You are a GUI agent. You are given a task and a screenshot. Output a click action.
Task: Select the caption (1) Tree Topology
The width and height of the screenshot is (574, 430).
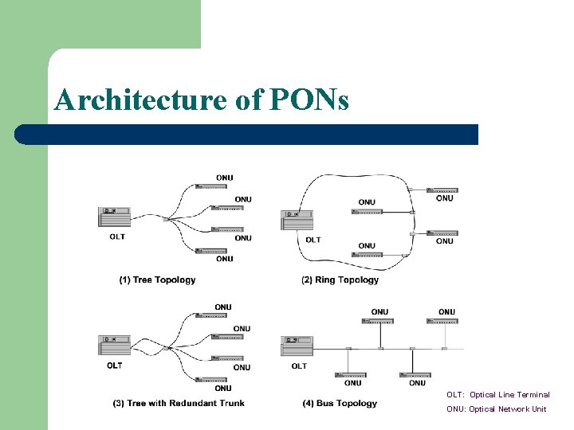point(157,280)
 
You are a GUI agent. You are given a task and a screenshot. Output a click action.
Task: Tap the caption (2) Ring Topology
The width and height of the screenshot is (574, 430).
point(340,280)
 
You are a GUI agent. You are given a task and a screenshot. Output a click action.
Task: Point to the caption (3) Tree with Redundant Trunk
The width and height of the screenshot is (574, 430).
point(179,404)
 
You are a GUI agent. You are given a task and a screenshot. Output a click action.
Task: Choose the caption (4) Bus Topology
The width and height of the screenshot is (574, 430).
point(340,404)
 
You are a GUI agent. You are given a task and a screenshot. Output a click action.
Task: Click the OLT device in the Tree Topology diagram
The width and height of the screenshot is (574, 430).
point(114,217)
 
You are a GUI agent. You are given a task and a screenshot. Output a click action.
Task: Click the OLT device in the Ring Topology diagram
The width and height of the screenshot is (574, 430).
point(297,219)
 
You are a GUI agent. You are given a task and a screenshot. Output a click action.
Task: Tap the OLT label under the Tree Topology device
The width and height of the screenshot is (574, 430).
point(116,236)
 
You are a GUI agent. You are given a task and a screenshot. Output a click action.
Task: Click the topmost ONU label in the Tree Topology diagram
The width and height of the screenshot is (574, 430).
point(225,178)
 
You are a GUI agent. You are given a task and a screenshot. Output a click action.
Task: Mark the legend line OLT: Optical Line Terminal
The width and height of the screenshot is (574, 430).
point(498,395)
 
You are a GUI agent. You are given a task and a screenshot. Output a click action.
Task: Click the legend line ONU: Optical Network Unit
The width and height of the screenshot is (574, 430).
point(497,409)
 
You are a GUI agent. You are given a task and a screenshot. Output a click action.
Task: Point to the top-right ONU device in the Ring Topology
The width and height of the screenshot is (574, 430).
point(442,190)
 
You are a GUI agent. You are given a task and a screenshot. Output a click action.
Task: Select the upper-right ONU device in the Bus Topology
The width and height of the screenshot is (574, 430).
point(442,321)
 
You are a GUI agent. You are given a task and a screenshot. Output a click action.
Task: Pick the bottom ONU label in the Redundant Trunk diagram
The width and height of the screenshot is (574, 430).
point(223,389)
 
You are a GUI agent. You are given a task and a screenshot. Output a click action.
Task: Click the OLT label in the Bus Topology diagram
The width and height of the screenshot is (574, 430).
point(299,366)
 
